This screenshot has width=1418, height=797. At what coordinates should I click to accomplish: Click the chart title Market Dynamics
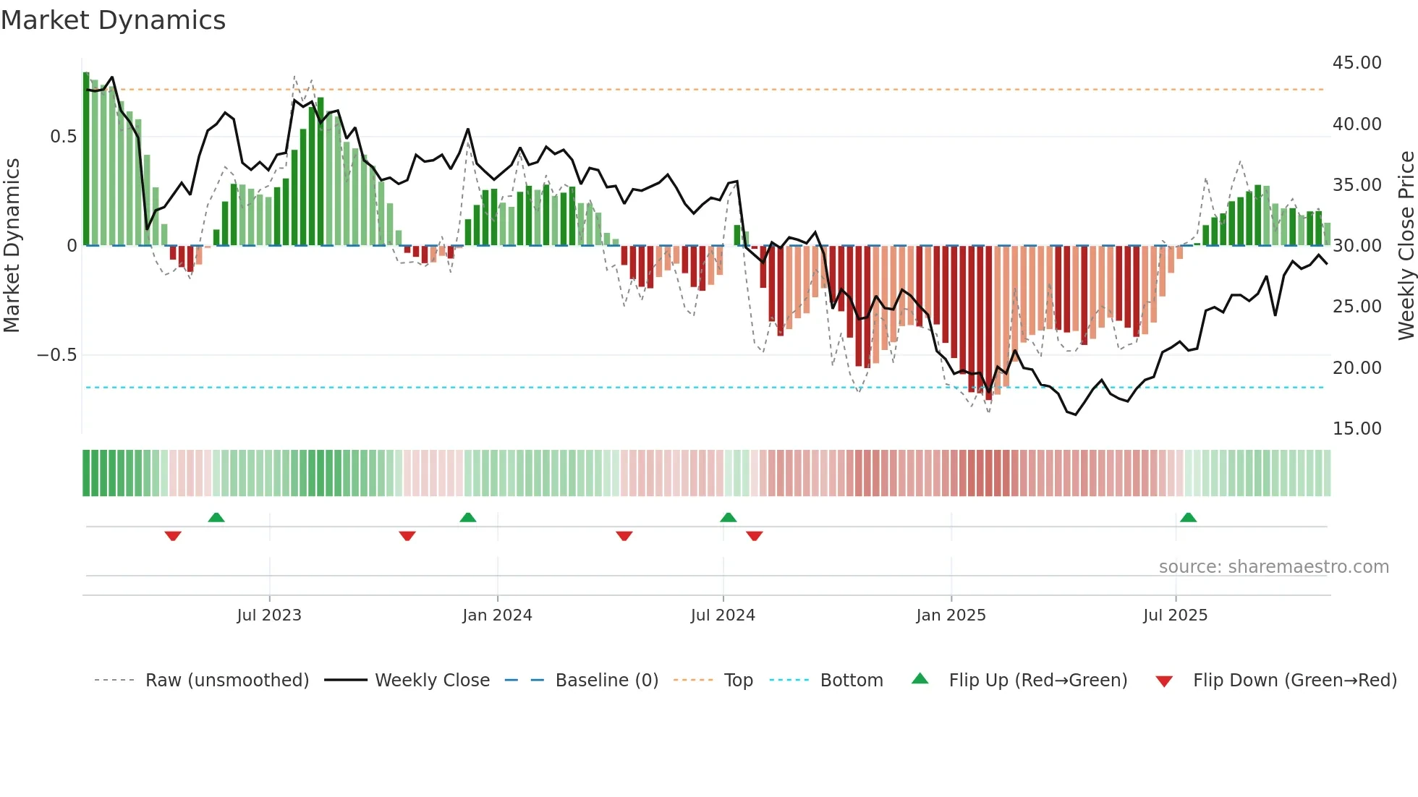(x=113, y=20)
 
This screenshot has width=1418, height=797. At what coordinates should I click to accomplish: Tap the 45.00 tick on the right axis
(x=1357, y=63)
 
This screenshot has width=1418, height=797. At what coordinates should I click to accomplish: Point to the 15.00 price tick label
(x=1357, y=429)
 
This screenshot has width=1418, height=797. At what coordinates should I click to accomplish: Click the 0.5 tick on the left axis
(x=63, y=137)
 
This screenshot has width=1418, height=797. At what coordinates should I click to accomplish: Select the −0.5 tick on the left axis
(x=56, y=355)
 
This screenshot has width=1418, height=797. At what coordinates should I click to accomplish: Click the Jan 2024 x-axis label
(x=497, y=615)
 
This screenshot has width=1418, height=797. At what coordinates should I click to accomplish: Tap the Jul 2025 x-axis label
(x=1175, y=615)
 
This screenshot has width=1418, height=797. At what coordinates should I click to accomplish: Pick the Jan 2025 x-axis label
(x=951, y=615)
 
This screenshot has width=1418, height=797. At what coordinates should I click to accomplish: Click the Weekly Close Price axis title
(x=1406, y=245)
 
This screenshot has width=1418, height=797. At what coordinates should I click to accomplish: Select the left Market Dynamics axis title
(x=12, y=245)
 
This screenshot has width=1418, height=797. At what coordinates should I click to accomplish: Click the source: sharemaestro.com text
(x=1273, y=567)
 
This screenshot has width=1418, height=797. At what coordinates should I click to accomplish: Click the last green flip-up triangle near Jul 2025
(x=1188, y=517)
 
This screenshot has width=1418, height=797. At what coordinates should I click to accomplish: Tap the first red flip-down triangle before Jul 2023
(x=173, y=536)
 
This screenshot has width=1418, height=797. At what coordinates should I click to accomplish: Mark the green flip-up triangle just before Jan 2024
(x=468, y=517)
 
